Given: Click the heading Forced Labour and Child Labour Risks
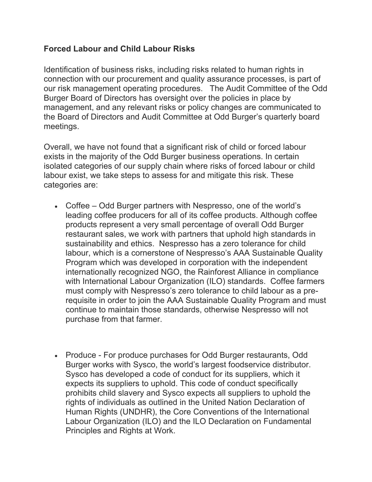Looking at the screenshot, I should [x=119, y=49].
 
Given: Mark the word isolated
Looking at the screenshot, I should [x=57, y=166].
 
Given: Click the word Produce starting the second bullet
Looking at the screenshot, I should [x=81, y=355].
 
